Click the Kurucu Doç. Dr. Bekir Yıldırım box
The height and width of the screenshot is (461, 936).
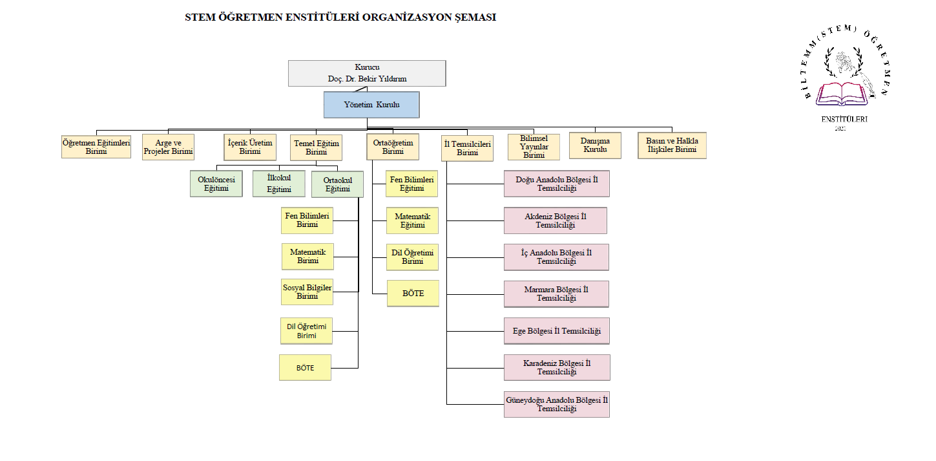pos(367,73)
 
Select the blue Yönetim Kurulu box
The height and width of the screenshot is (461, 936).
pos(371,104)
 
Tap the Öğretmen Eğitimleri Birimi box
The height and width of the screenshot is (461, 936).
pos(96,146)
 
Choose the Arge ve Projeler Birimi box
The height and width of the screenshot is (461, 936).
pos(168,147)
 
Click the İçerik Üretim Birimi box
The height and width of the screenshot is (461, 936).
pos(249,147)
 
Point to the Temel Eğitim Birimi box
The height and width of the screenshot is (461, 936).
pos(316,147)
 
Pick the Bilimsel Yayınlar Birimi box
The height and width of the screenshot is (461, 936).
pos(534,147)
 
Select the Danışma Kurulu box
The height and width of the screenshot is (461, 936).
pos(595,145)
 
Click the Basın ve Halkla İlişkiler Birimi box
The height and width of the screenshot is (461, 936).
pos(672,145)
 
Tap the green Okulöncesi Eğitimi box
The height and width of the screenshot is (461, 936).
pos(216,184)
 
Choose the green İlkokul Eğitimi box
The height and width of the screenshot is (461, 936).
pos(279,184)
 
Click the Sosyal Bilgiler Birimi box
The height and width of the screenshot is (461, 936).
pos(307,292)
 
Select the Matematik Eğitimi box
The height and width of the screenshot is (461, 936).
pos(412,220)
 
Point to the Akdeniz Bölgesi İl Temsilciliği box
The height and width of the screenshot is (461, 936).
pos(556,220)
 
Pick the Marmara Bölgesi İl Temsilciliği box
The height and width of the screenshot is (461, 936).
pos(556,294)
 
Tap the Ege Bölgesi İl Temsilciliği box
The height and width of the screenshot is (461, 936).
pos(556,331)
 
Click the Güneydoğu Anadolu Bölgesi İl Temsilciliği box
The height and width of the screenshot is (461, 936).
pos(556,404)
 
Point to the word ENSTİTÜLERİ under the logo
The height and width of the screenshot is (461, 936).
pos(844,119)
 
